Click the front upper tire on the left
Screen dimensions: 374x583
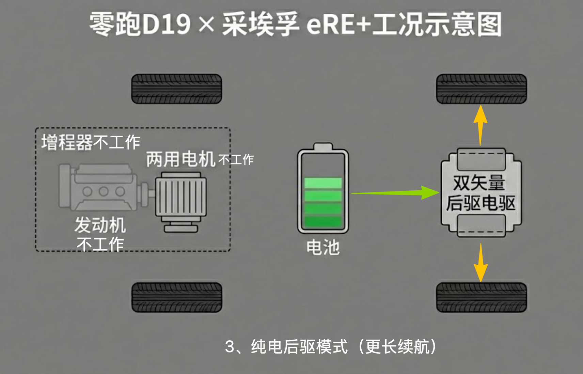pos(176,89)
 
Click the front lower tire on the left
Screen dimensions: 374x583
pos(176,297)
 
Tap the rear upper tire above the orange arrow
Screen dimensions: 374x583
pos(481,89)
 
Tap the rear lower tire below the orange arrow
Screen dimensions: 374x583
pos(481,297)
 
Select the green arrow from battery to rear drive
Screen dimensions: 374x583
pos(395,193)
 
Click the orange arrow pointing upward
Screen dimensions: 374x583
pos(480,124)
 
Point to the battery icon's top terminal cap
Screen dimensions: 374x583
pos(323,146)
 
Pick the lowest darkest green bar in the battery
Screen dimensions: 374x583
pos(323,222)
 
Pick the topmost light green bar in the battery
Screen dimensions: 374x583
pos(323,183)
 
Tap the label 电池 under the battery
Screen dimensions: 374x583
pos(323,247)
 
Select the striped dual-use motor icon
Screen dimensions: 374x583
pos(181,201)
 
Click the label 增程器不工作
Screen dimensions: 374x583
pos(91,142)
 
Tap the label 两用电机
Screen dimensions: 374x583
pos(180,159)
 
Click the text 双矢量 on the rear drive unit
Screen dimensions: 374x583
pos(479,183)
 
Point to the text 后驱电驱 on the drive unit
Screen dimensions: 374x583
pos(480,203)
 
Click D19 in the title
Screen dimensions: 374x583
pos(166,25)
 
